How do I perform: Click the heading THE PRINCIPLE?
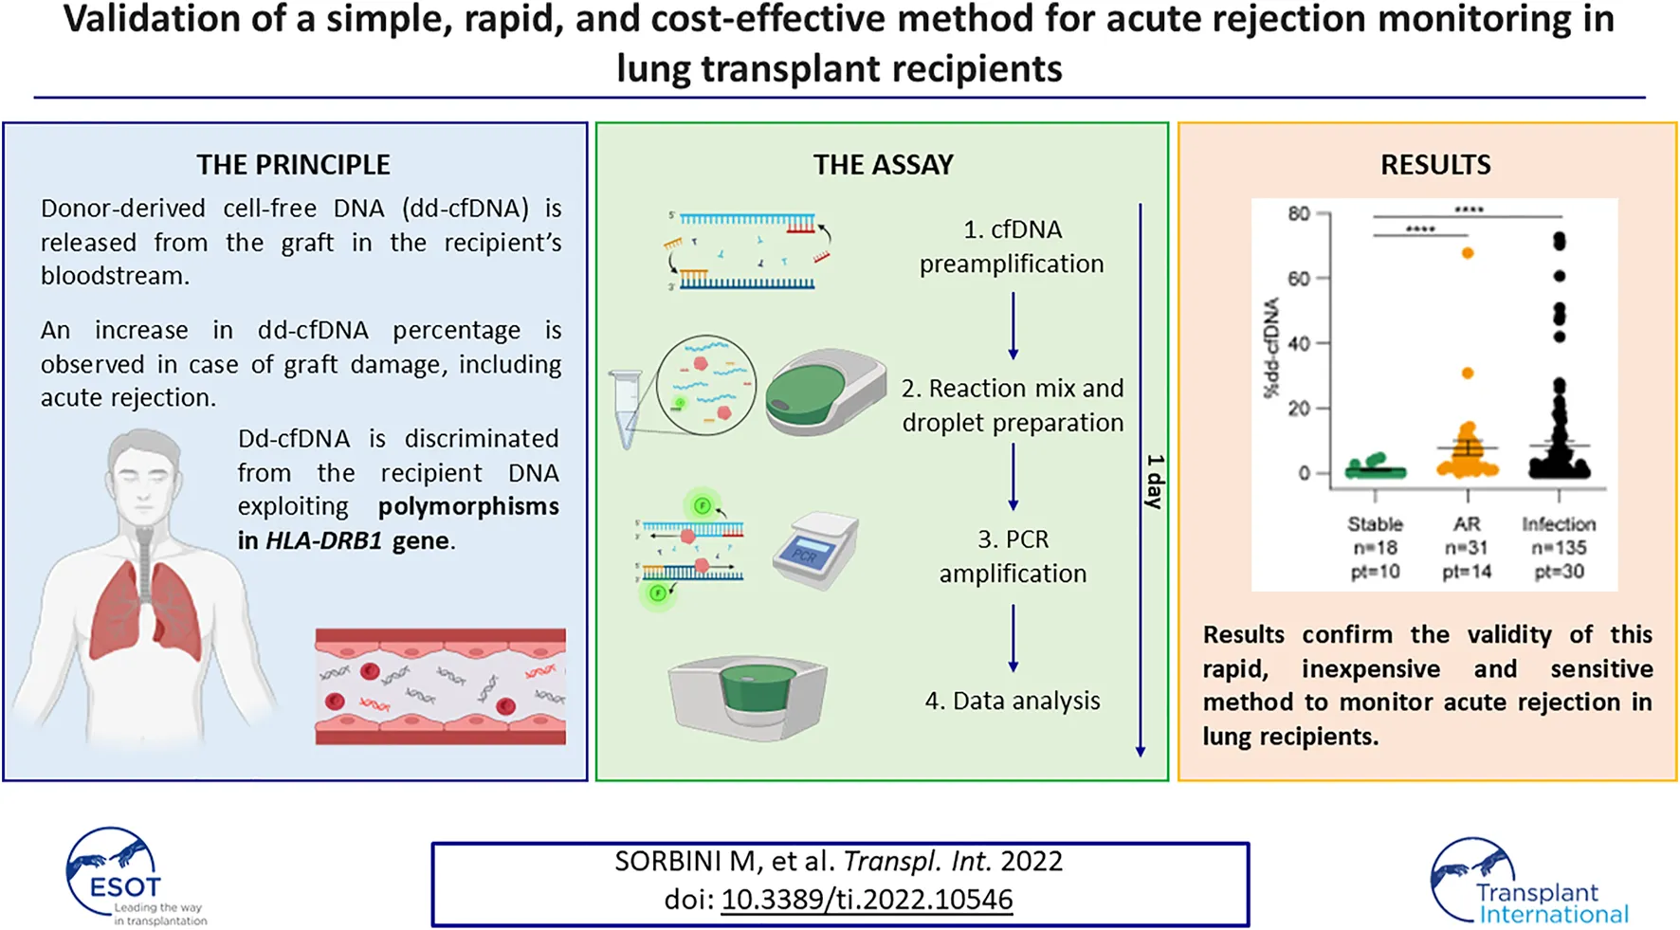click(293, 165)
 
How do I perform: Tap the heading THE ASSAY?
click(883, 165)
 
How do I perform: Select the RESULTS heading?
click(1434, 165)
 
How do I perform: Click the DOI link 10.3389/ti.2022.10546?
click(867, 900)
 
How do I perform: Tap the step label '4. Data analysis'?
click(1012, 701)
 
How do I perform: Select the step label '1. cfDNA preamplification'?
click(1012, 246)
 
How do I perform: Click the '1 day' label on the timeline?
click(1154, 481)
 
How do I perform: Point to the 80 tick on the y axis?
click(1299, 214)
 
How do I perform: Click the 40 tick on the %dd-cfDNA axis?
click(1299, 343)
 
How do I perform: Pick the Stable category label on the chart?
click(1375, 524)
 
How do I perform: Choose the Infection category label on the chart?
click(1559, 524)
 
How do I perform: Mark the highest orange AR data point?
click(1468, 253)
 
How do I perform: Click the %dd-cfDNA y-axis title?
click(1271, 348)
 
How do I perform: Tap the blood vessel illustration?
click(440, 686)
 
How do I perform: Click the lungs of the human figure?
click(145, 607)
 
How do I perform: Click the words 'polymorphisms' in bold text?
click(468, 506)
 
